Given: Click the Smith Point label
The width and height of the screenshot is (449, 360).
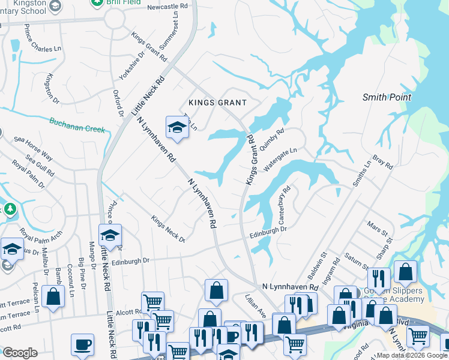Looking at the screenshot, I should point(386,97).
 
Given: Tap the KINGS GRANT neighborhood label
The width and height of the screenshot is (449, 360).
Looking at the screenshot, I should point(217,103).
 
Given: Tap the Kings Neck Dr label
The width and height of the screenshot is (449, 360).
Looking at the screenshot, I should point(168,229).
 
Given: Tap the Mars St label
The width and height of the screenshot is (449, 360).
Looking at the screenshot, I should point(378,229).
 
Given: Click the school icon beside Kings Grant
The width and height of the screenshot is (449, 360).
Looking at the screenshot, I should point(177,126).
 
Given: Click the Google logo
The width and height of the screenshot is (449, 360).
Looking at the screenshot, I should point(20,353).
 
